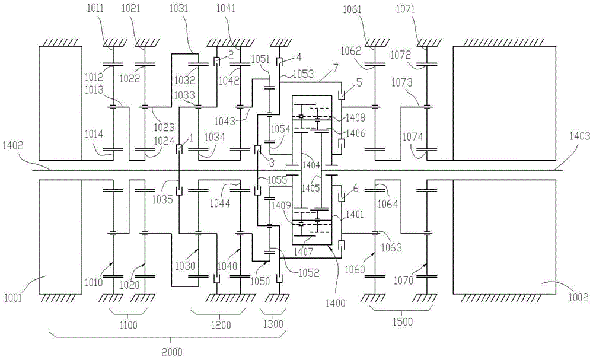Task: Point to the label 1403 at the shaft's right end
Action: click(x=580, y=136)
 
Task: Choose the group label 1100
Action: click(x=127, y=324)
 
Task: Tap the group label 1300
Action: click(x=274, y=324)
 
